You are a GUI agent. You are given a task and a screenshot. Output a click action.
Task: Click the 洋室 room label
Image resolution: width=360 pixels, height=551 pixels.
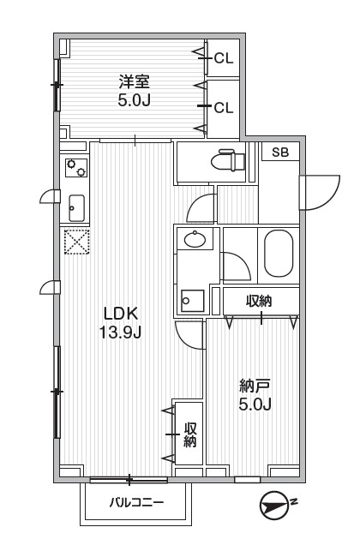(135, 82)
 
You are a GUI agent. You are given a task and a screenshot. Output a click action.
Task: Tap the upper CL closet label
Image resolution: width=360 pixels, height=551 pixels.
(224, 58)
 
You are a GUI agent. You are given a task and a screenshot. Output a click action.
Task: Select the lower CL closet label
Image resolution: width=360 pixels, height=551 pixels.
(224, 107)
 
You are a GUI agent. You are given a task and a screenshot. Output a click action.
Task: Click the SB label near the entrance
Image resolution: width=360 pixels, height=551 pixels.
(280, 153)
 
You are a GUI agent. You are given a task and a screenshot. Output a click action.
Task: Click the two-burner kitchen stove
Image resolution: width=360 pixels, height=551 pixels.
(75, 166)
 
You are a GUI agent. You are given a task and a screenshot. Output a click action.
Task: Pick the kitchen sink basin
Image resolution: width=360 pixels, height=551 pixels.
(75, 207)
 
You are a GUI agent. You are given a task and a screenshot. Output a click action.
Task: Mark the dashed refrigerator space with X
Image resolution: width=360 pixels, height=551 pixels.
(76, 243)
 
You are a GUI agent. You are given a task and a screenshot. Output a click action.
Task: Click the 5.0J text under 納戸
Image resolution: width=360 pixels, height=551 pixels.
(255, 404)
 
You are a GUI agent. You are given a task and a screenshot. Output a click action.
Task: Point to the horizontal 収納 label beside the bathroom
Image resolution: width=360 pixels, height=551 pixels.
(260, 301)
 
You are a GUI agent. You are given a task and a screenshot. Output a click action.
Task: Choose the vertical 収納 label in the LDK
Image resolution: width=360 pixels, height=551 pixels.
(190, 435)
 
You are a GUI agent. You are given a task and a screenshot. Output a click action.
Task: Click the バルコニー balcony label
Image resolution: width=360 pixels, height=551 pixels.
(135, 503)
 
